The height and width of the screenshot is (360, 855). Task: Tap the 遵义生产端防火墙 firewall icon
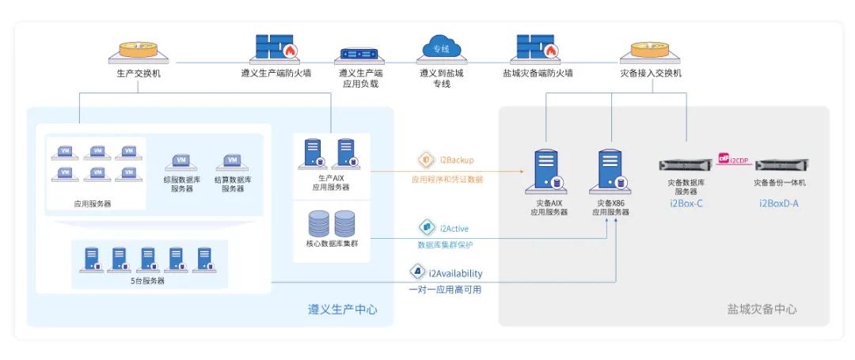point(275,48)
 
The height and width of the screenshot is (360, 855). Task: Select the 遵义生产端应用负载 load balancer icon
point(359,55)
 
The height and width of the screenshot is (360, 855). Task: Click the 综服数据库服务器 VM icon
point(181,162)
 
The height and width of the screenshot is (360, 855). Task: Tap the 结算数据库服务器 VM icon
point(233,162)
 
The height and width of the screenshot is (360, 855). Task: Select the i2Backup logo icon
point(426,160)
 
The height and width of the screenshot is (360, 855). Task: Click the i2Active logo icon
point(427,228)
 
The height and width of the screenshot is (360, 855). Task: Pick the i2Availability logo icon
point(417,272)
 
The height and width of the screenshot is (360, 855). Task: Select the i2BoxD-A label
point(779,203)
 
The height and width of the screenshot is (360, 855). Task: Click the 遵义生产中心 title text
point(342,309)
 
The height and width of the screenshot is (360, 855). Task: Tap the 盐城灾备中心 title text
point(762,309)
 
